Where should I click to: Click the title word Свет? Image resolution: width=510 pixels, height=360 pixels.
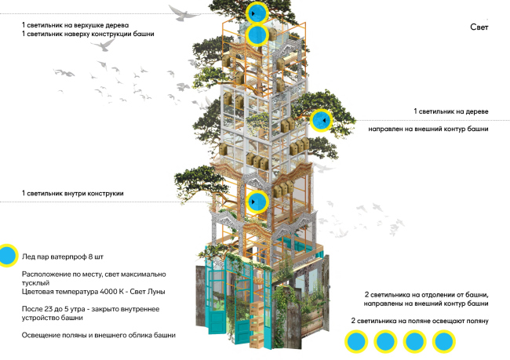point(478,29)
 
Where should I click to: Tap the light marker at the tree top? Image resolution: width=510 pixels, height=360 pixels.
point(257,13)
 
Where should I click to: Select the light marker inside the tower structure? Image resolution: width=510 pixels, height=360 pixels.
point(257,202)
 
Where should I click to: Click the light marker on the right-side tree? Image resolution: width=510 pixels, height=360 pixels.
point(321,121)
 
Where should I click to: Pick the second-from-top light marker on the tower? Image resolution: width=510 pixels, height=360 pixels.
point(257,35)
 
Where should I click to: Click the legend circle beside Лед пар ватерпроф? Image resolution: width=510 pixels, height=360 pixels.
point(8,255)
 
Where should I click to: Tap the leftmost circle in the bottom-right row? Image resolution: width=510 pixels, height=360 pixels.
point(357,341)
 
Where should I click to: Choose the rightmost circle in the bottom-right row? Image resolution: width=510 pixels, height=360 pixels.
point(444,341)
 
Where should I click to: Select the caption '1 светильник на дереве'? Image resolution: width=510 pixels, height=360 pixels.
point(451,112)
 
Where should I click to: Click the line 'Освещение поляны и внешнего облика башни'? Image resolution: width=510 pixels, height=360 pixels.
point(98,335)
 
